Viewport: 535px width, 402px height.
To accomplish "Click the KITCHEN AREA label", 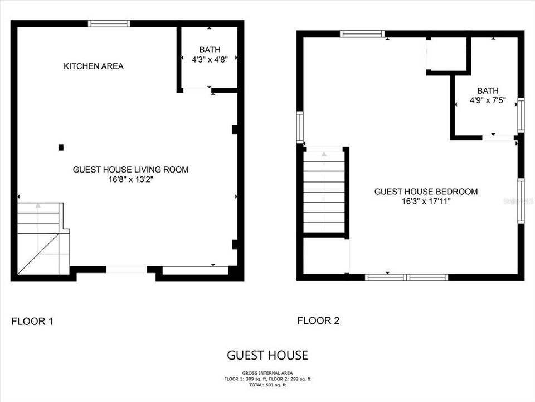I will [94, 66].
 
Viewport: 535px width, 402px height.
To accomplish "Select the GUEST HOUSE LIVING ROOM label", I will [131, 170].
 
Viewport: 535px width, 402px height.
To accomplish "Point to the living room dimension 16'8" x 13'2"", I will [131, 180].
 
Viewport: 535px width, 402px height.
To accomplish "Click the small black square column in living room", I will [61, 147].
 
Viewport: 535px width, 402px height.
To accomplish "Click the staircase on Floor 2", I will [325, 190].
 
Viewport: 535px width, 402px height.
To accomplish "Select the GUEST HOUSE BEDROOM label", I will [426, 192].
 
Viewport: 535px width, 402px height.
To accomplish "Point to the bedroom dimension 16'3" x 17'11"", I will [426, 201].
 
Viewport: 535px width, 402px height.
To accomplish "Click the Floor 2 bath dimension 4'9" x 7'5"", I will [488, 101].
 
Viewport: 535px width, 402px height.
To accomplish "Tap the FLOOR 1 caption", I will [32, 322].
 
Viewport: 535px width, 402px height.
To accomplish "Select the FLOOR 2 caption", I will [318, 320].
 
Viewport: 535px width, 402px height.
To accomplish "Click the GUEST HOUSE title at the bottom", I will [267, 355].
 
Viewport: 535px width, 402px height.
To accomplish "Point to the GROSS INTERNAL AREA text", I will [267, 373].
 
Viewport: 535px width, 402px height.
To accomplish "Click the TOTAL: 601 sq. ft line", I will [267, 385].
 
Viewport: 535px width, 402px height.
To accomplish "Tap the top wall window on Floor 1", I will [109, 23].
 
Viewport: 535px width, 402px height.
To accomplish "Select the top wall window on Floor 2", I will [363, 34].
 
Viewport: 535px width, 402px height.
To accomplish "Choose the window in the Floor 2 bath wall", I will [521, 114].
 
